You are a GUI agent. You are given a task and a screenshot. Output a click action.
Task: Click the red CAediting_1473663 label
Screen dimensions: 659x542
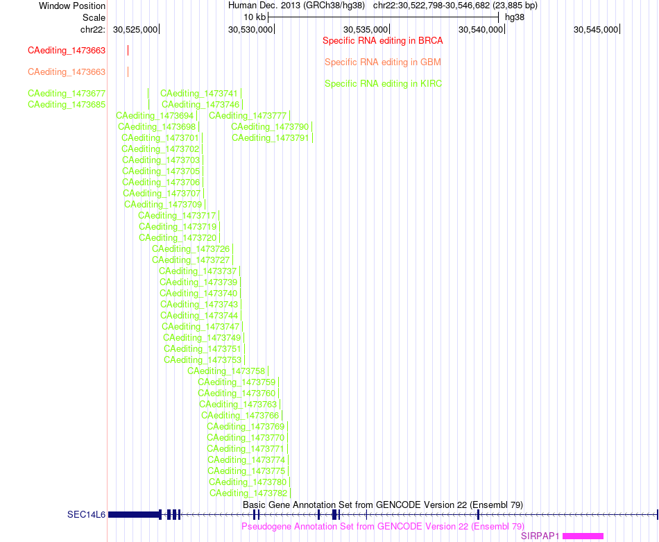coord(67,51)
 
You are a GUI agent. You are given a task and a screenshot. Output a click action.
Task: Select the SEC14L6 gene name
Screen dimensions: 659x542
coord(86,515)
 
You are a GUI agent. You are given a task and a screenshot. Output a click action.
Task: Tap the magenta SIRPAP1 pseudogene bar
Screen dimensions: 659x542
coord(583,536)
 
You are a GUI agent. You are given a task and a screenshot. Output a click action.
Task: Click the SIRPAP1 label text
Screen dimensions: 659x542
coord(540,536)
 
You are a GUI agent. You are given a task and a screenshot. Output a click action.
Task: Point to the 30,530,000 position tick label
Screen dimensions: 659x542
coord(250,30)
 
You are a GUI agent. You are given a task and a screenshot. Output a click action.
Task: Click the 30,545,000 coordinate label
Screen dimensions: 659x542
coord(596,30)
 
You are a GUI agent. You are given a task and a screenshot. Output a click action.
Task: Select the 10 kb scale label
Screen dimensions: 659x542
coord(255,17)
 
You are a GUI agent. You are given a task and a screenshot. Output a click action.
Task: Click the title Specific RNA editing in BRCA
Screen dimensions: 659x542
coord(382,41)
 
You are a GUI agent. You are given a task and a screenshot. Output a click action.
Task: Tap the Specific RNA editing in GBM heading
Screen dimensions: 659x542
coord(382,62)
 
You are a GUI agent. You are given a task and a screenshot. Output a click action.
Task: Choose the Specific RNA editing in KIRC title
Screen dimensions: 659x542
coord(383,84)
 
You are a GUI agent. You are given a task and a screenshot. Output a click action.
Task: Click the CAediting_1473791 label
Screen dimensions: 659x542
coord(271,138)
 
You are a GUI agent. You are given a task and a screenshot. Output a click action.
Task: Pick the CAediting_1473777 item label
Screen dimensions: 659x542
coord(248,116)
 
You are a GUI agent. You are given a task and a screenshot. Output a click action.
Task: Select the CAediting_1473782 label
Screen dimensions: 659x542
coord(248,493)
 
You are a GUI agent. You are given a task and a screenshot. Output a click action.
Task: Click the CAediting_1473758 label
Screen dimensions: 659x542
coord(226,371)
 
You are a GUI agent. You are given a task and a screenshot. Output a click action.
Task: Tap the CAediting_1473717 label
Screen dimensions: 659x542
coord(177,216)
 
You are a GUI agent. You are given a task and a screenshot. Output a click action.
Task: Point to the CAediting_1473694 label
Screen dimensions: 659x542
coord(155,116)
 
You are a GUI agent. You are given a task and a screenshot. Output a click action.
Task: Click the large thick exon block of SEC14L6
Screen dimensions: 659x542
coord(134,514)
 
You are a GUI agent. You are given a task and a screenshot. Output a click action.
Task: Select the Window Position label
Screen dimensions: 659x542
coord(72,6)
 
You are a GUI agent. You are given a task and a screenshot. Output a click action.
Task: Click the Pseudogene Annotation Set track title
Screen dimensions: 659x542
coord(383,527)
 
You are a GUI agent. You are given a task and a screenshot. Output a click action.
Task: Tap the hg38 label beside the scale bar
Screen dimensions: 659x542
coord(515,17)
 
